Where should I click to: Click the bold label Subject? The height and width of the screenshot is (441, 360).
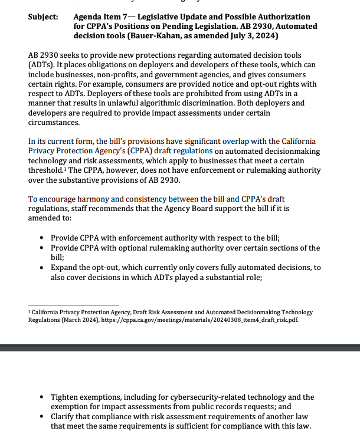(x=42, y=17)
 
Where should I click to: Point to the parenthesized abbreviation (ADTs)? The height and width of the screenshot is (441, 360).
(x=40, y=65)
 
